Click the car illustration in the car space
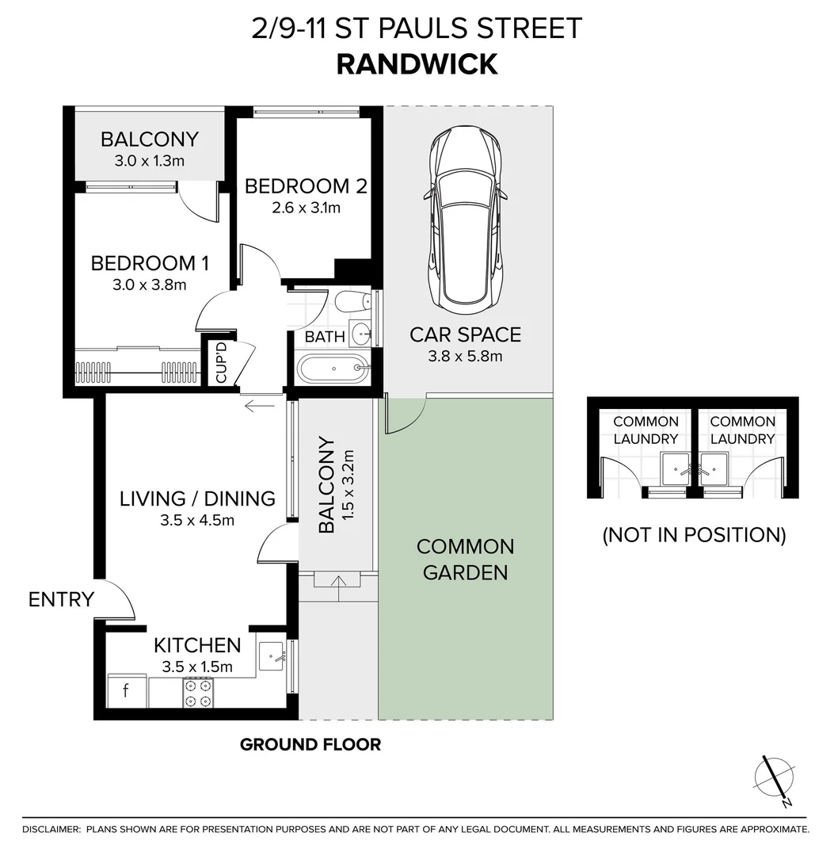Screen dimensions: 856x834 click(x=465, y=222)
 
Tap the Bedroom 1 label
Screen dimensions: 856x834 click(x=150, y=262)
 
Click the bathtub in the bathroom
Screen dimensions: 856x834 click(x=332, y=368)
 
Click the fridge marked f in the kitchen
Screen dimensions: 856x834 click(x=126, y=691)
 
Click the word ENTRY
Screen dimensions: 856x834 click(x=61, y=600)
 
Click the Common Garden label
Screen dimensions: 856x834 click(x=465, y=559)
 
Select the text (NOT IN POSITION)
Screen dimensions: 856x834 click(x=694, y=535)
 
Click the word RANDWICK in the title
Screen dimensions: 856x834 click(x=417, y=64)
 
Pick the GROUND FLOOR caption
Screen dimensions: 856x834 click(x=310, y=744)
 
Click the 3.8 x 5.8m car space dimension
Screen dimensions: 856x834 click(x=465, y=356)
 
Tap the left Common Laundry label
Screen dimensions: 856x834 click(x=645, y=430)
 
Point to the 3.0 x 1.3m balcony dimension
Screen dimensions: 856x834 click(x=150, y=161)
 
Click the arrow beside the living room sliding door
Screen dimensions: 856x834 click(x=260, y=407)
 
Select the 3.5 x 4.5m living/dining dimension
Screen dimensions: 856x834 click(x=197, y=520)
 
